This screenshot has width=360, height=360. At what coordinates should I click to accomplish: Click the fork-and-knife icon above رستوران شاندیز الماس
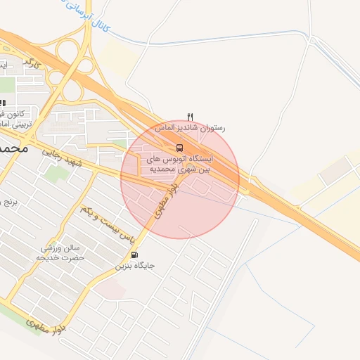click(x=190, y=116)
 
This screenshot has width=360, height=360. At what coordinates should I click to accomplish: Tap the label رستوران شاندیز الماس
click(x=203, y=129)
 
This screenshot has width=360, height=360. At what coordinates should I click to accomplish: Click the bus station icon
click(x=179, y=148)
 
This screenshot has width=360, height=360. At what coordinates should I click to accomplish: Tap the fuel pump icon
click(x=135, y=255)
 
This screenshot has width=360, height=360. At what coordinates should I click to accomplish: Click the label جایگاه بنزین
click(x=135, y=266)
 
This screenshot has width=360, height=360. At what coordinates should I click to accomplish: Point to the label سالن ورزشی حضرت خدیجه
click(x=61, y=253)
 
